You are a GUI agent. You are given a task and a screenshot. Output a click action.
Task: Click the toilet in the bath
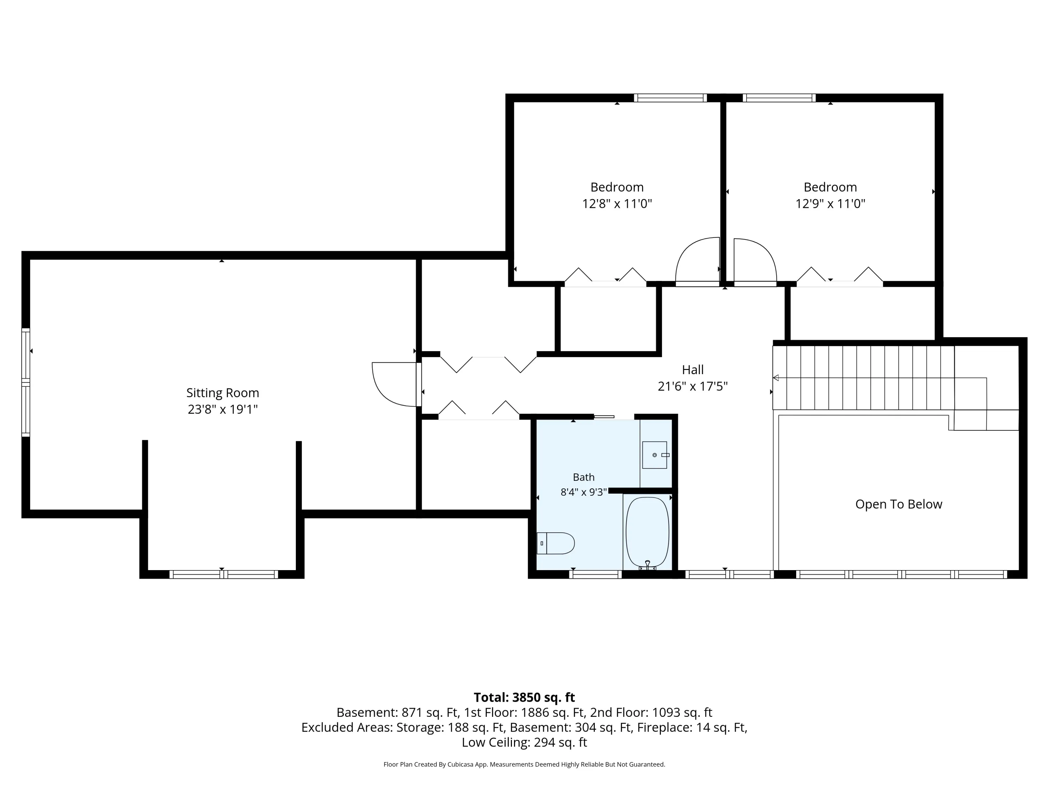pyautogui.click(x=555, y=544)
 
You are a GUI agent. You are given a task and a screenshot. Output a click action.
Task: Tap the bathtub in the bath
pyautogui.click(x=647, y=532)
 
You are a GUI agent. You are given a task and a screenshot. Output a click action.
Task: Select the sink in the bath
pyautogui.click(x=655, y=455)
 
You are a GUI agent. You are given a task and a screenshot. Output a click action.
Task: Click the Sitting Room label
pyautogui.click(x=222, y=393)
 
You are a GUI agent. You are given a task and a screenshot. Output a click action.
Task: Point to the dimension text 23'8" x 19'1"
pyautogui.click(x=222, y=409)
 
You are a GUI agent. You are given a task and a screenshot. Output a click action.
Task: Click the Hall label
pyautogui.click(x=692, y=370)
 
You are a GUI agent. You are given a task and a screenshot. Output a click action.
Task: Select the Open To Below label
pyautogui.click(x=899, y=504)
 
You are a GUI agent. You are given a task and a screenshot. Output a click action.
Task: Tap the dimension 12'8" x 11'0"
pyautogui.click(x=617, y=204)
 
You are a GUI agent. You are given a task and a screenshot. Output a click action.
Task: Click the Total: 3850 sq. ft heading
pyautogui.click(x=524, y=697)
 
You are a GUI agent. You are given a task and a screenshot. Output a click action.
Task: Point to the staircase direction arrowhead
pyautogui.click(x=776, y=378)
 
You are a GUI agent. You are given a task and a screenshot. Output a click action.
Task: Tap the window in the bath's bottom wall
pyautogui.click(x=595, y=574)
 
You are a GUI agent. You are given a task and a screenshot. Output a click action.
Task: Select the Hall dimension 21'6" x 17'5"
pyautogui.click(x=692, y=387)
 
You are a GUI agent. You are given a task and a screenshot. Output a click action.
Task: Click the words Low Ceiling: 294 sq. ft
pyautogui.click(x=524, y=742)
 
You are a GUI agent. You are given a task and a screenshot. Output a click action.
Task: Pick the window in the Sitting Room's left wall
pyautogui.click(x=26, y=382)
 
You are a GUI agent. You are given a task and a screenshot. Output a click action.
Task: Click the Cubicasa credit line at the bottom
pyautogui.click(x=524, y=764)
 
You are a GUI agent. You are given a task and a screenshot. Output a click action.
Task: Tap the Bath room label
pyautogui.click(x=583, y=477)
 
